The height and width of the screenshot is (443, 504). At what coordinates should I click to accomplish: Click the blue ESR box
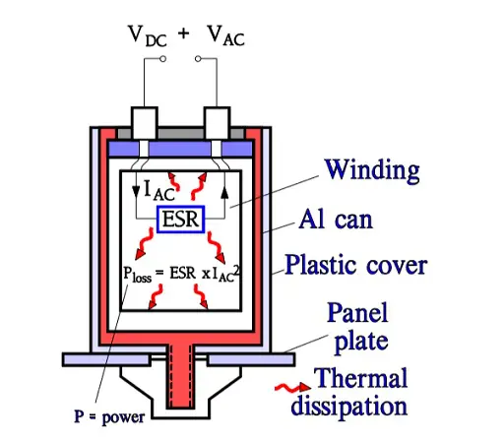(x=181, y=220)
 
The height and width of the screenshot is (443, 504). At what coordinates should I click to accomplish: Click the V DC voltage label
(x=148, y=35)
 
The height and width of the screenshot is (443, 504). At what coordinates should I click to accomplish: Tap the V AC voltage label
(x=226, y=34)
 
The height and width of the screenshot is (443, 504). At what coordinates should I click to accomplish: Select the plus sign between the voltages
(x=184, y=33)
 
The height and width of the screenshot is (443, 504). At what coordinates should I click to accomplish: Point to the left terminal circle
(x=162, y=59)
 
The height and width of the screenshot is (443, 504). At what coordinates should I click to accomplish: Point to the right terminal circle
(x=198, y=59)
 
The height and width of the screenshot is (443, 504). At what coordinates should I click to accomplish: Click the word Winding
(x=372, y=170)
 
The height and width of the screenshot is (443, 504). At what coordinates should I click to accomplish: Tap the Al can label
(x=336, y=219)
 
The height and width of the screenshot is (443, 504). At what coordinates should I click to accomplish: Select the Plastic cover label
(x=356, y=264)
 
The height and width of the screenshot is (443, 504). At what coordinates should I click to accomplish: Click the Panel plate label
(x=358, y=327)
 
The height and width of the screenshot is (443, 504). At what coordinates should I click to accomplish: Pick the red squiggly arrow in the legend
(x=292, y=388)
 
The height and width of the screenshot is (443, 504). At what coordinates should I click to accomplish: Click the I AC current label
(x=159, y=191)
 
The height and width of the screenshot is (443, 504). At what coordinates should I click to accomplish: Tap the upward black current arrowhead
(x=224, y=193)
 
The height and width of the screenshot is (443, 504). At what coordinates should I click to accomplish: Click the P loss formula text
(x=181, y=274)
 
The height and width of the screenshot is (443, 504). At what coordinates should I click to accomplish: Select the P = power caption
(x=109, y=417)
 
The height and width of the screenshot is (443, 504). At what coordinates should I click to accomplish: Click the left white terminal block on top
(x=144, y=123)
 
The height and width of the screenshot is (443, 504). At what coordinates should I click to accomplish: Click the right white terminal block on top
(x=217, y=123)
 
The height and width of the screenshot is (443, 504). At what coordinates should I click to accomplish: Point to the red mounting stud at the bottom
(x=179, y=376)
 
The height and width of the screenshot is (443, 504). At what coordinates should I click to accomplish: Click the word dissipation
(x=349, y=406)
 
